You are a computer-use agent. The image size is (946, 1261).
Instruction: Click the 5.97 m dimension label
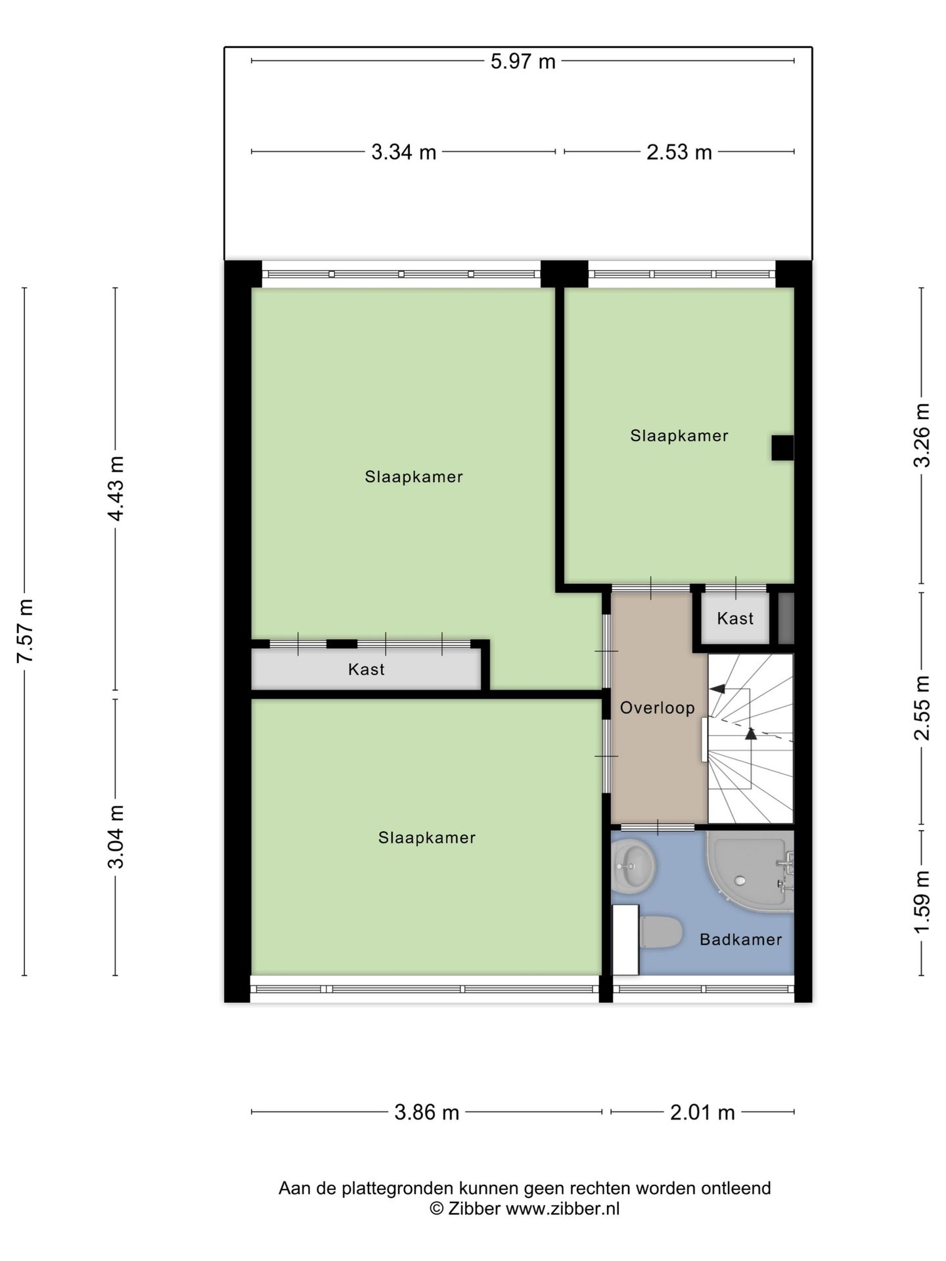click(x=523, y=62)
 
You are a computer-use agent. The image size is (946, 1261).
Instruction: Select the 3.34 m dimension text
click(x=403, y=152)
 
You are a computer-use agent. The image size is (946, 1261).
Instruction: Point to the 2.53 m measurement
click(x=679, y=152)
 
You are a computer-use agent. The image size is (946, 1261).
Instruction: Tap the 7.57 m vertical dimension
click(x=25, y=630)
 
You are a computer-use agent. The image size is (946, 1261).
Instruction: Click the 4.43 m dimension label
click(x=116, y=489)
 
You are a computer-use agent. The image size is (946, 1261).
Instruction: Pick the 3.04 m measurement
click(x=116, y=837)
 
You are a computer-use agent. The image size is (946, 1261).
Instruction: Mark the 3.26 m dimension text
click(x=922, y=435)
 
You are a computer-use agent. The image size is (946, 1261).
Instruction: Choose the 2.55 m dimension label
click(x=922, y=708)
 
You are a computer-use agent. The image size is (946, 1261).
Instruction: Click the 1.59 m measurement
click(x=922, y=900)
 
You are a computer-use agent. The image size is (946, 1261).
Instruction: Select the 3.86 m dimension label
click(x=426, y=1113)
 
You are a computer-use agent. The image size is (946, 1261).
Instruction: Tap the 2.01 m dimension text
click(x=702, y=1113)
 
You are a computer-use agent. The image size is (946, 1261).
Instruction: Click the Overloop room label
click(x=657, y=708)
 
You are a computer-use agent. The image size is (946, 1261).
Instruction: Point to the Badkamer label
click(x=740, y=940)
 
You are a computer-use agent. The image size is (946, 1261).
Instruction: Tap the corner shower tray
click(x=749, y=871)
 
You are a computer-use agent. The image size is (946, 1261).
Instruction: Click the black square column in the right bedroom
click(x=782, y=448)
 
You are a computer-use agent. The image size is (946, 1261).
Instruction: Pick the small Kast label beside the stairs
click(x=735, y=619)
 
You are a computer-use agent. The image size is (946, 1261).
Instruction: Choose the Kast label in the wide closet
click(x=366, y=670)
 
